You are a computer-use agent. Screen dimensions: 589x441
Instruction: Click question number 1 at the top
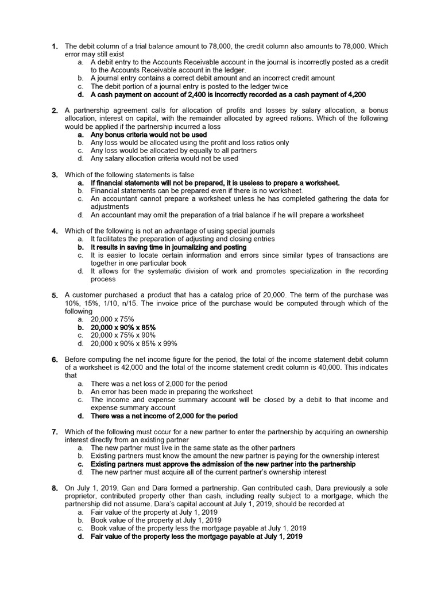click(x=54, y=45)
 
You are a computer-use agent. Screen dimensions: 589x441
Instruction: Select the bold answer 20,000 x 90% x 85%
click(x=123, y=327)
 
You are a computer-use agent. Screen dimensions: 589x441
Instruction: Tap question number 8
click(x=54, y=488)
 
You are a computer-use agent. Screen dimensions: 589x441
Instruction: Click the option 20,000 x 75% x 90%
click(x=123, y=335)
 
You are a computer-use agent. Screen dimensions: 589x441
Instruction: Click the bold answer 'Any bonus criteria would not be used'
click(x=149, y=134)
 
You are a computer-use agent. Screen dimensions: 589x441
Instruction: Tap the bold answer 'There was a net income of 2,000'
click(x=164, y=416)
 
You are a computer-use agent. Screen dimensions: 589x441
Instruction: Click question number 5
click(x=54, y=295)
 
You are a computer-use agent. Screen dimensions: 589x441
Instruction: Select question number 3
click(x=54, y=174)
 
